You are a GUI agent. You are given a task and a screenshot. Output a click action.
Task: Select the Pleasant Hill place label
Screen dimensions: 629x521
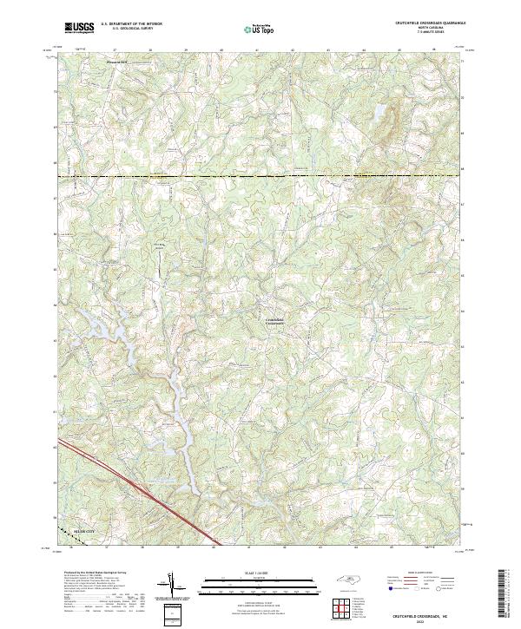point(115,62)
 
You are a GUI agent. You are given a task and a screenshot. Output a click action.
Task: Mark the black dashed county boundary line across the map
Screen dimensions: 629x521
point(260,177)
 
